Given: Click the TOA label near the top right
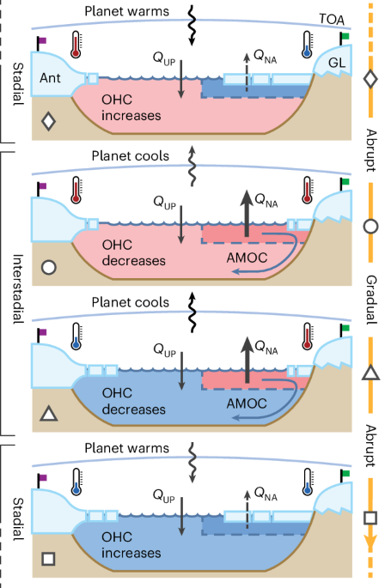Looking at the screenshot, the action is [332, 19].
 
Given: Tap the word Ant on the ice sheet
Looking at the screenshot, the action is [50, 78].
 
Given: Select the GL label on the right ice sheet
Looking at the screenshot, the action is [337, 63].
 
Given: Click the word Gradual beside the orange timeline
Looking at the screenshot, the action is [371, 300].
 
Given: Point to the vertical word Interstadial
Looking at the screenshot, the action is [18, 288].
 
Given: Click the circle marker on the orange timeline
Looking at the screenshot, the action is [370, 227].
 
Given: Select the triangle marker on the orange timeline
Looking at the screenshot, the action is [370, 373].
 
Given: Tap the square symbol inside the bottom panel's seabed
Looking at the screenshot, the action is [49, 558].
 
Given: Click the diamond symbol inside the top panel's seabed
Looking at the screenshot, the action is [48, 121].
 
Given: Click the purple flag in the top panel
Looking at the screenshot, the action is [41, 43].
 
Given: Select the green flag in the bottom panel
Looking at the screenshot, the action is [345, 476].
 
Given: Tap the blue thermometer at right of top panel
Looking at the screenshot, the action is [308, 45].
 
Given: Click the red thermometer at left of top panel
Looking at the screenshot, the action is [76, 45].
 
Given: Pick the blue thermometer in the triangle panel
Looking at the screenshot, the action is [76, 336].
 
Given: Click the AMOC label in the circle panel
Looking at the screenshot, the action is [247, 258].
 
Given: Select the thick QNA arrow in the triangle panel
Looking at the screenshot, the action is [247, 360].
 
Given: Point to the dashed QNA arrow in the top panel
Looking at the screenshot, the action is [247, 72].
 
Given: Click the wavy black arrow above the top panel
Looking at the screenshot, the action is [192, 26].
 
